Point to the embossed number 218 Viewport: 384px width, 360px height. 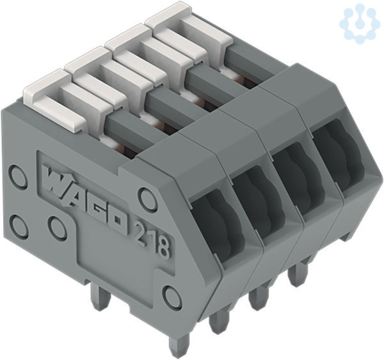tap(152, 239)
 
